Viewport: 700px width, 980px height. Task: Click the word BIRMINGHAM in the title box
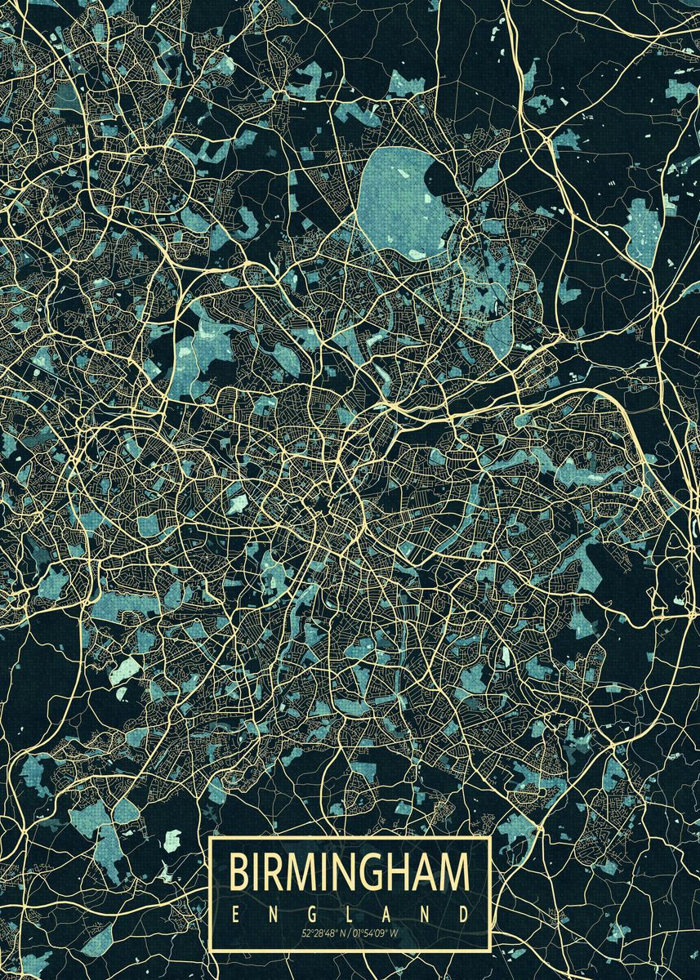pyautogui.click(x=350, y=872)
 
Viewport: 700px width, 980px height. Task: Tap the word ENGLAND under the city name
pyautogui.click(x=350, y=912)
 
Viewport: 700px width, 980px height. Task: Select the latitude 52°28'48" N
pyautogui.click(x=324, y=932)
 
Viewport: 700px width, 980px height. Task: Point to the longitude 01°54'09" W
pyautogui.click(x=377, y=932)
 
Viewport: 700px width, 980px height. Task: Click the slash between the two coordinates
pyautogui.click(x=350, y=932)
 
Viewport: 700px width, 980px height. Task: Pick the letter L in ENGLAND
pyautogui.click(x=350, y=912)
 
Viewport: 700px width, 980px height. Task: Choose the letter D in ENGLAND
pyautogui.click(x=464, y=912)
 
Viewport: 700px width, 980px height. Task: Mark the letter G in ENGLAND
pyautogui.click(x=312, y=912)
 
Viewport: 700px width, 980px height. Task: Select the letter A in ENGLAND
pyautogui.click(x=389, y=912)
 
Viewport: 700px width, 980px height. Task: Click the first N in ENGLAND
pyautogui.click(x=274, y=912)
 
